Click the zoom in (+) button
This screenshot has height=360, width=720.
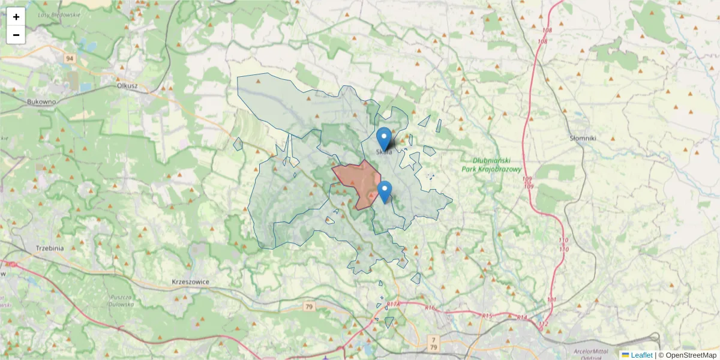click(16, 17)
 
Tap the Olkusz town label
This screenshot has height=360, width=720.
click(128, 86)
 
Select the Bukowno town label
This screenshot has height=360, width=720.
click(41, 102)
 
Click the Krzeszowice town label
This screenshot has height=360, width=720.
click(190, 281)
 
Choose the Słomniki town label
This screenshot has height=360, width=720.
click(583, 138)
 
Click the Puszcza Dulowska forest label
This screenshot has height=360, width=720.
click(122, 301)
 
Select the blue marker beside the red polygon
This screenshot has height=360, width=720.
click(385, 192)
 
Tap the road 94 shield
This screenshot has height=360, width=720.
click(70, 58)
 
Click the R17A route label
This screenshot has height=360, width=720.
click(393, 305)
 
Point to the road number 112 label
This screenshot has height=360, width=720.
click(544, 324)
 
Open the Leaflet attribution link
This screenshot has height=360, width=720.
click(641, 355)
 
